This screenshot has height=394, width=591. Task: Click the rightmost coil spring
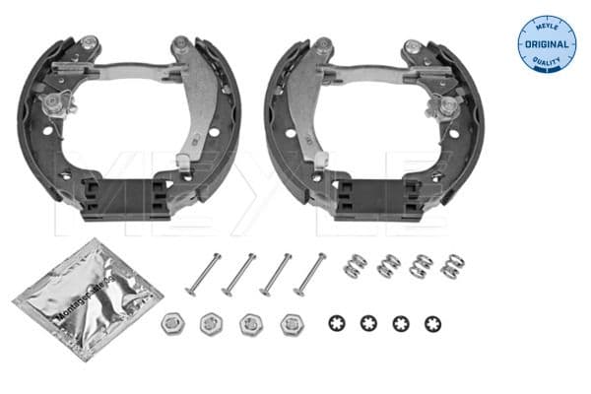(x=452, y=267)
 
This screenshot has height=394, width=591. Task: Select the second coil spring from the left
(x=389, y=267)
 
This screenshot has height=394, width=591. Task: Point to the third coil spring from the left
(x=421, y=267)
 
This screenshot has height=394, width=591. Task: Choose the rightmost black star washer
(x=432, y=323)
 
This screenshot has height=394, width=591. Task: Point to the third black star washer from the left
(x=401, y=323)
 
